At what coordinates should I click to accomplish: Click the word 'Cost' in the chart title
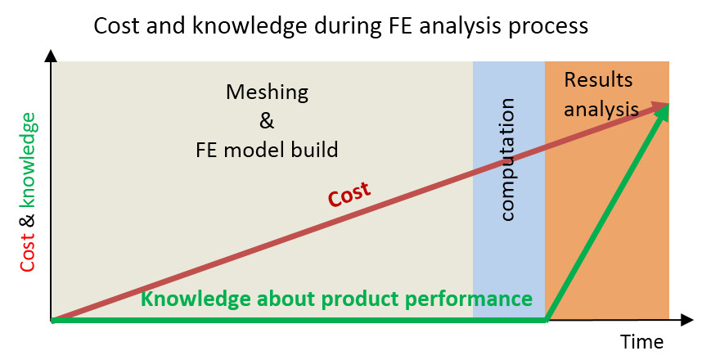[x=115, y=26]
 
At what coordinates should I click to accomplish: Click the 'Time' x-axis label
[x=641, y=341]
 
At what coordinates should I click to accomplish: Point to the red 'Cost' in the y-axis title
[x=27, y=253]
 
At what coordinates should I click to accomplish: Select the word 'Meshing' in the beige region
[x=267, y=92]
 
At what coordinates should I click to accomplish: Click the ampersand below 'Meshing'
[x=267, y=120]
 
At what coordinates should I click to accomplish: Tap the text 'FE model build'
[x=267, y=150]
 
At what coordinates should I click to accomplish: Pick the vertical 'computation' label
[x=507, y=160]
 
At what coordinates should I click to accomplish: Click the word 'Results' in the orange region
[x=598, y=80]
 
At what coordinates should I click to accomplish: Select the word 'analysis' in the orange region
[x=601, y=110]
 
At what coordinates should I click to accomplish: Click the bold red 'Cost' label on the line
[x=349, y=195]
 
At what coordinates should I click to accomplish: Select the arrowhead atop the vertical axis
[x=51, y=56]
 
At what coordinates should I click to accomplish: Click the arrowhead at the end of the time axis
[x=687, y=320]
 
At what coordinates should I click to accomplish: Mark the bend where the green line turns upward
[x=547, y=320]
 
